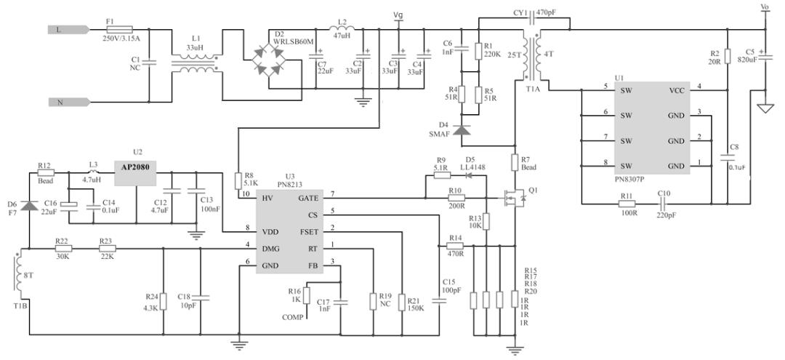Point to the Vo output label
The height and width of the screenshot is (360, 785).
(764, 7)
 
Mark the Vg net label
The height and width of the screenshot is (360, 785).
(398, 15)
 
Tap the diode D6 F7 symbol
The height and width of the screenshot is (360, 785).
(28, 207)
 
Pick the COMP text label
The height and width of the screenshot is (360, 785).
(294, 318)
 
